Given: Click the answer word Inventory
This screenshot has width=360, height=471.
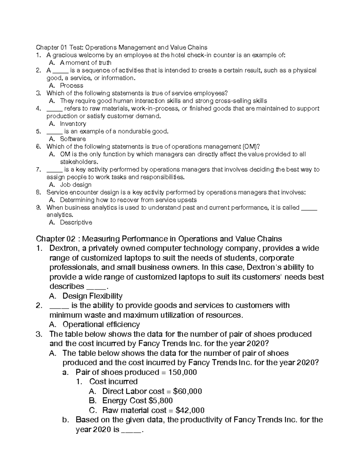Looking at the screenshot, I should (x=73, y=124).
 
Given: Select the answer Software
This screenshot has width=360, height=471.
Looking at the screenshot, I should (x=73, y=139).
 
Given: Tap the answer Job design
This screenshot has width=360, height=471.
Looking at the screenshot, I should (x=76, y=185).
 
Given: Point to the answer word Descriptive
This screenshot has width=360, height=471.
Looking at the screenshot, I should (x=76, y=223).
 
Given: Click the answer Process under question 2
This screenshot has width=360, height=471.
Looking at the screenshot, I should (x=71, y=85).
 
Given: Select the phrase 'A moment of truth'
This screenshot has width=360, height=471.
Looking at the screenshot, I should (x=85, y=63).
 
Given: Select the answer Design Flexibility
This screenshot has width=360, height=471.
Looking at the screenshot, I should (x=92, y=296).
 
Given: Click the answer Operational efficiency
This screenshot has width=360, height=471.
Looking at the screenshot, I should (x=101, y=325).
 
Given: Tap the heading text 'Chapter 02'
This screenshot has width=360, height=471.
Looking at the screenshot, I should (x=55, y=239).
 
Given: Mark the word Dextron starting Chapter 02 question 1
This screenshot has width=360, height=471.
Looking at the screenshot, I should (x=64, y=248).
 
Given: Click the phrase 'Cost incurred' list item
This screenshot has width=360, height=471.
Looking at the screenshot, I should (x=113, y=382).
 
